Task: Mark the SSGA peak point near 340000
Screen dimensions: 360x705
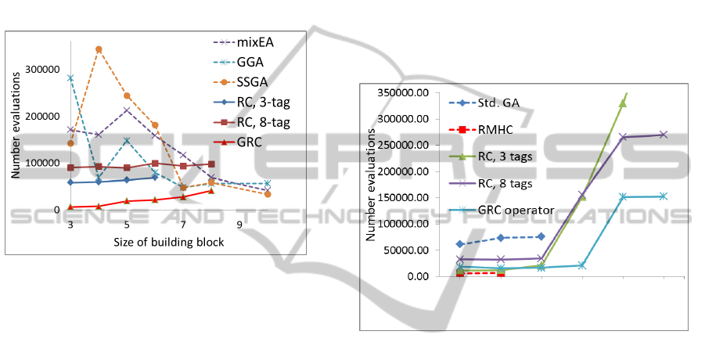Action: [99, 49]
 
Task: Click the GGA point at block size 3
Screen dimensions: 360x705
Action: [70, 78]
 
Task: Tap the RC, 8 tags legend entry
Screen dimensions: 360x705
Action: [504, 184]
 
